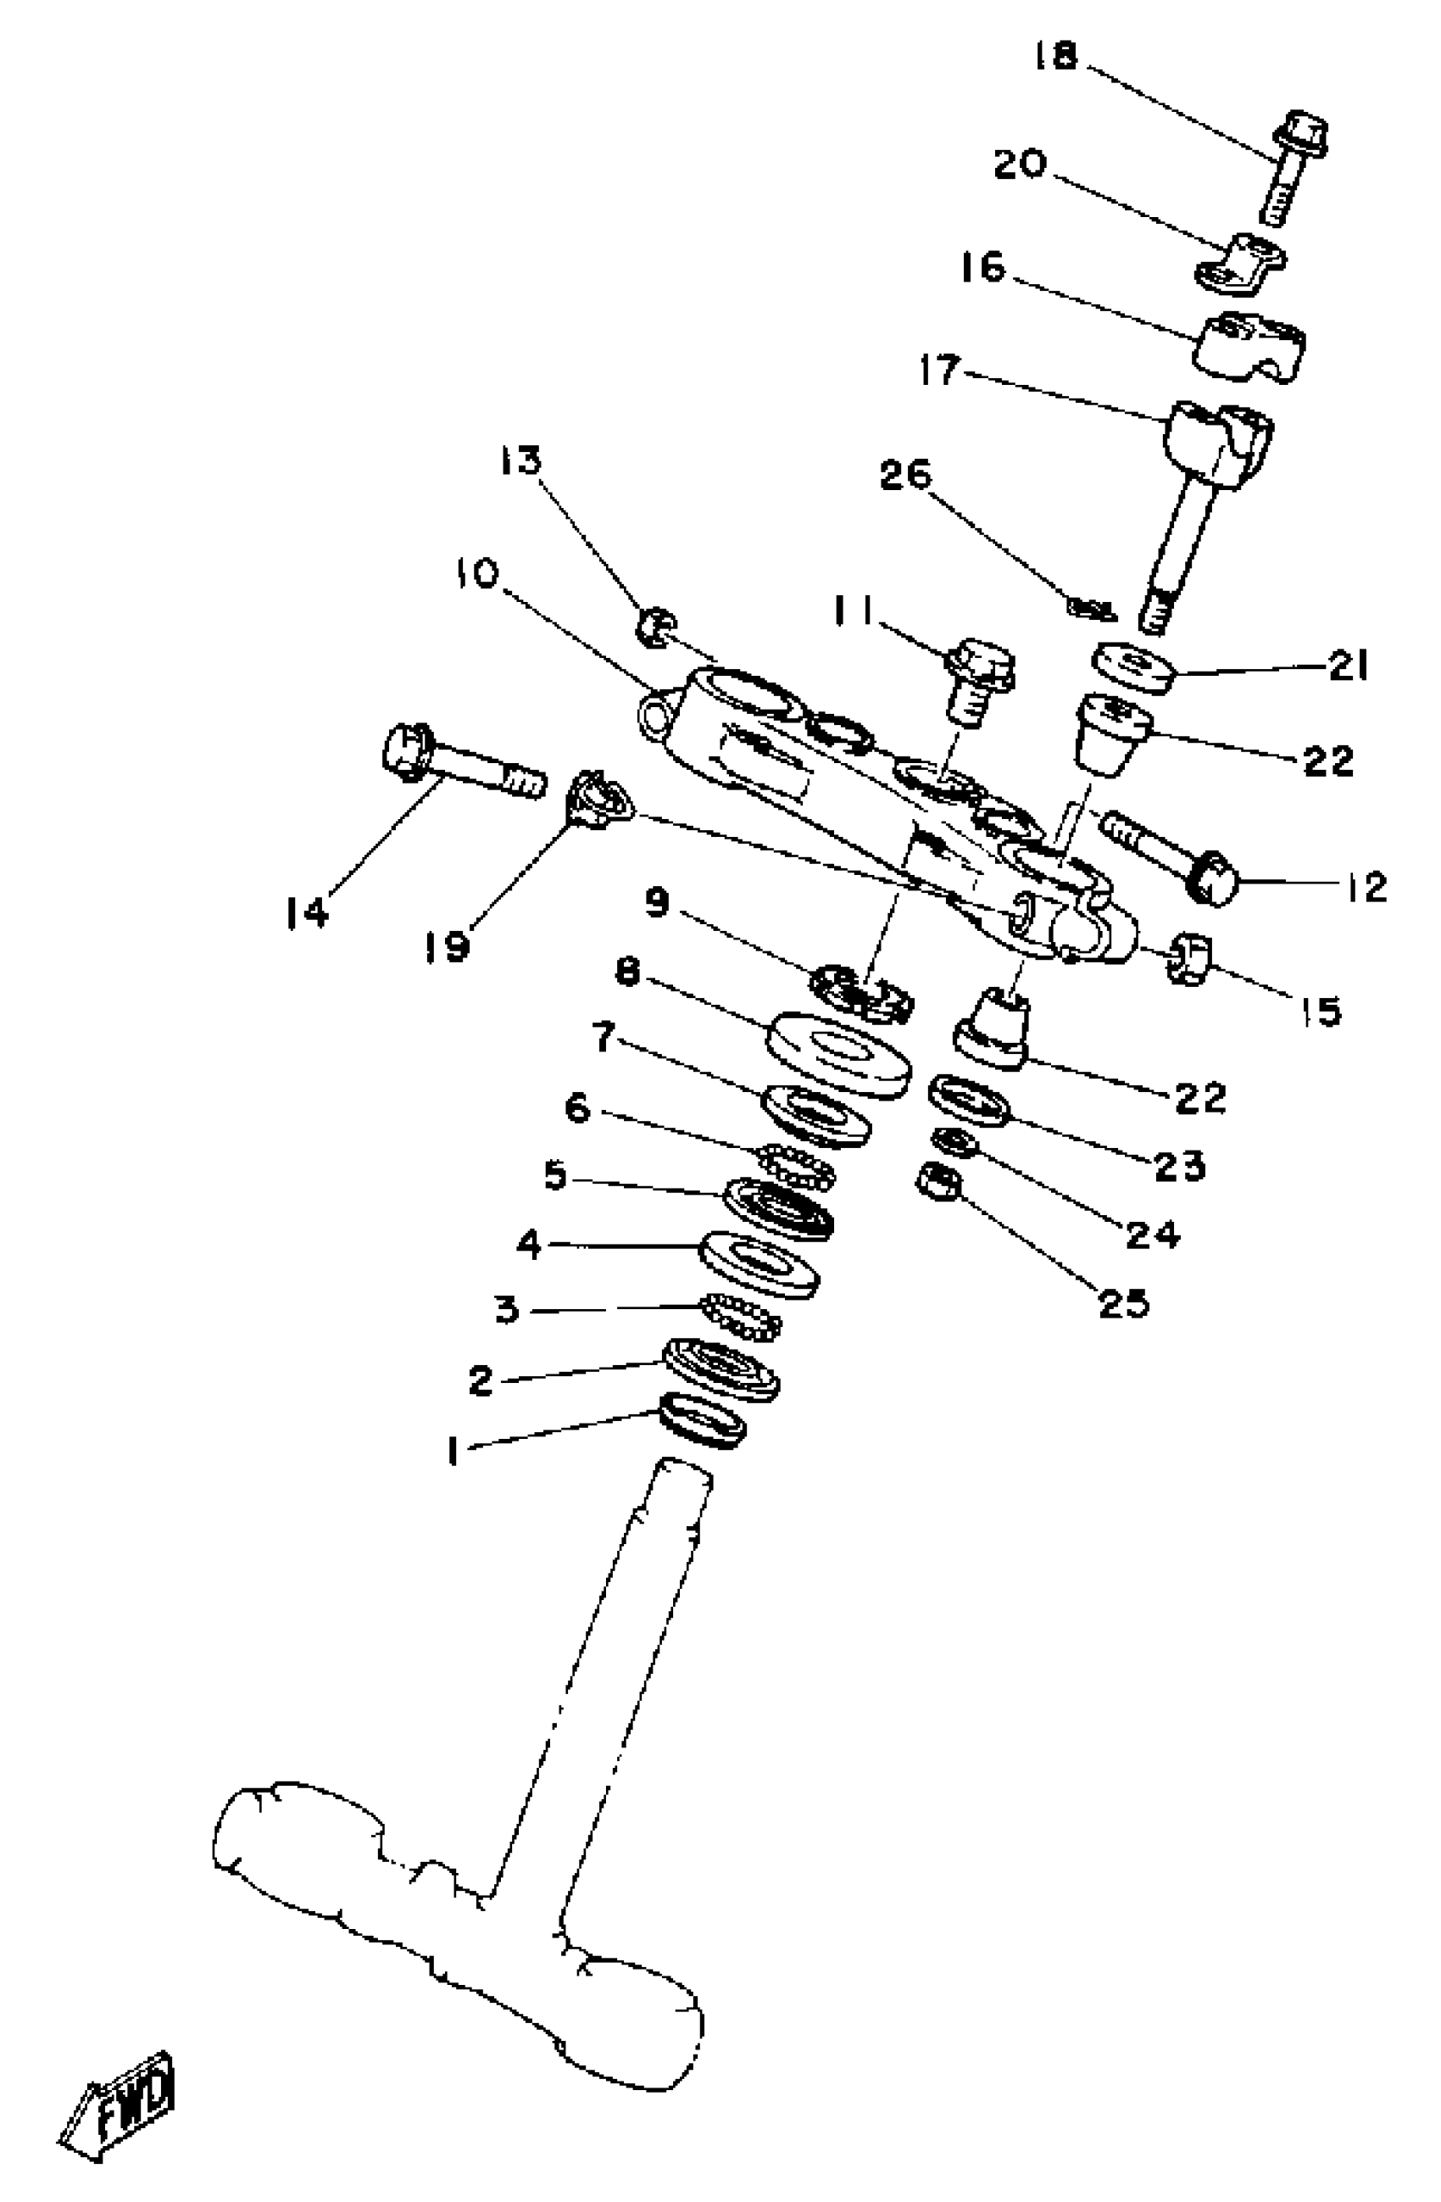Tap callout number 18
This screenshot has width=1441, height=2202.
point(1055,58)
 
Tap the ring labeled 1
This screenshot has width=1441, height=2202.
point(704,1420)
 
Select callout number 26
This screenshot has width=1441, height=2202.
point(905,475)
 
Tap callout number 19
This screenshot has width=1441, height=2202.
point(448,945)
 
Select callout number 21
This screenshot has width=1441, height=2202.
point(1349,666)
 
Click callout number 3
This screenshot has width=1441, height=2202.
point(507,1310)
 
